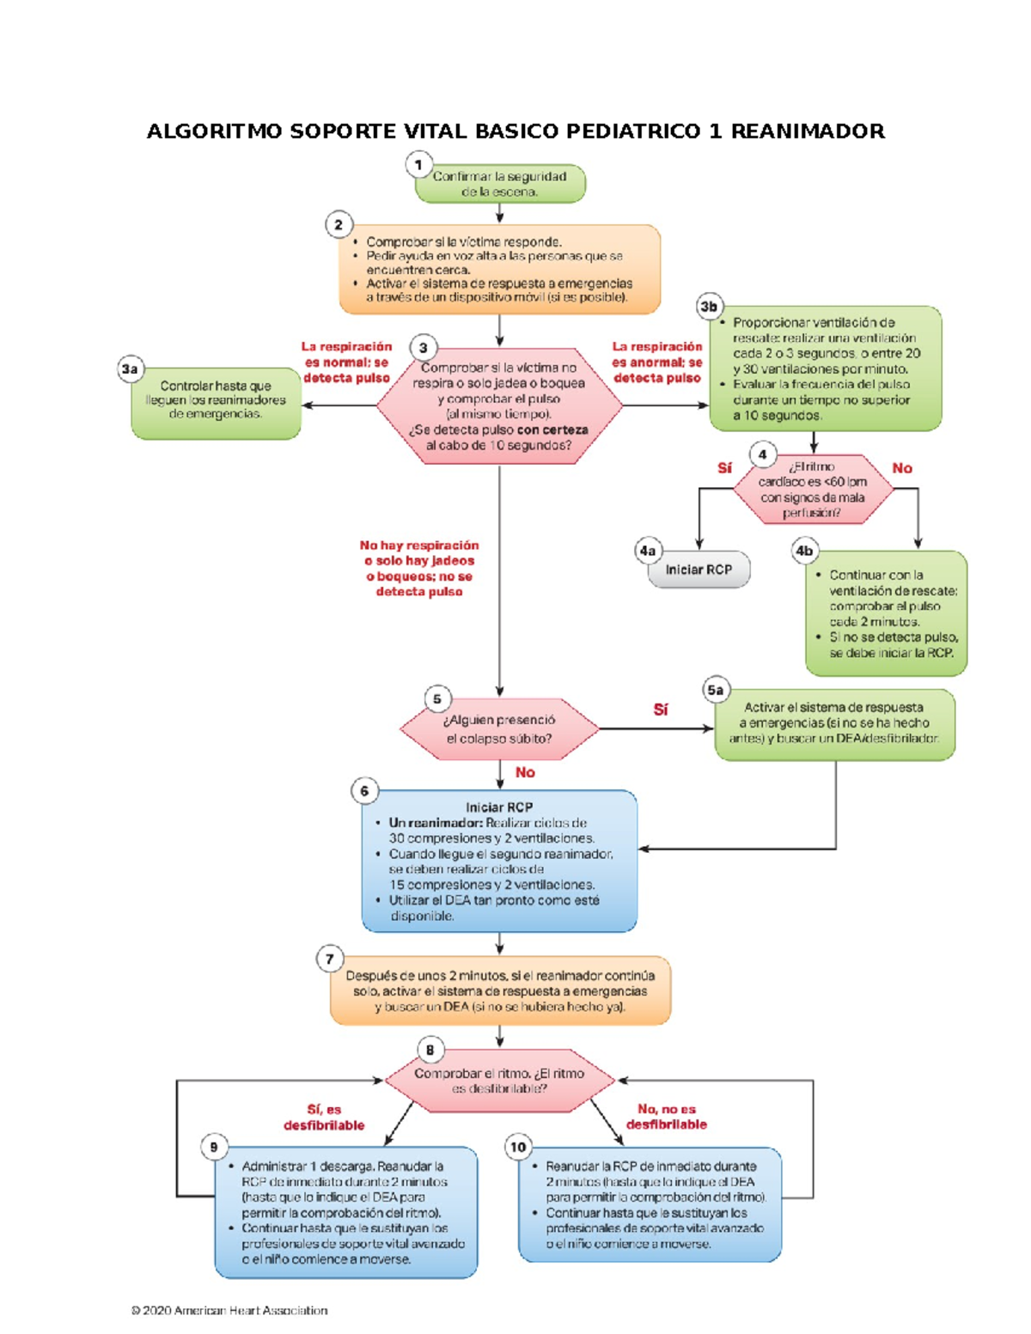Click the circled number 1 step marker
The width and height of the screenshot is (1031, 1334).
point(418,163)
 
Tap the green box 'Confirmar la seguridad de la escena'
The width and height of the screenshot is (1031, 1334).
point(500,184)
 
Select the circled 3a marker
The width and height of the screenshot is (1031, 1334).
point(130,369)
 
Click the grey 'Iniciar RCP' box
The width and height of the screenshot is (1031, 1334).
point(699,570)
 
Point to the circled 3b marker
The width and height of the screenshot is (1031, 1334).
point(709,307)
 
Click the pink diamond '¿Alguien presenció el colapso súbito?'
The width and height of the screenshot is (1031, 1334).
point(499,729)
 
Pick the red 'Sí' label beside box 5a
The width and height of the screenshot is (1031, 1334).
point(660,710)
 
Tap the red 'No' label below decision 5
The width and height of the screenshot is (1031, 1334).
point(525,772)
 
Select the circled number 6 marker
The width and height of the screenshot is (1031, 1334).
point(364,791)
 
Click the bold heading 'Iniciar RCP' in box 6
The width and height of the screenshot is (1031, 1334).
point(499,807)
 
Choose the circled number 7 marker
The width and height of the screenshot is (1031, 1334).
point(330,959)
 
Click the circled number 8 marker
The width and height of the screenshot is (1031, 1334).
point(430,1050)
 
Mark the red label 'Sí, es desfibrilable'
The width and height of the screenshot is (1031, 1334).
point(324,1118)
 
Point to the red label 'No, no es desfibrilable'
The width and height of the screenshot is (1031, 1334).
point(667,1117)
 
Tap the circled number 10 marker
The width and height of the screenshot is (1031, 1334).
point(518,1147)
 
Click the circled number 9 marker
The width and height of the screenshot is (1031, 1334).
point(214,1147)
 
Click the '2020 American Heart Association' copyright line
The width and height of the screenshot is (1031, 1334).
point(229,1310)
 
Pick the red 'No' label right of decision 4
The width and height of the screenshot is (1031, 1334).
point(902,468)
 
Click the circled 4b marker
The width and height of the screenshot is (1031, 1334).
point(804,551)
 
